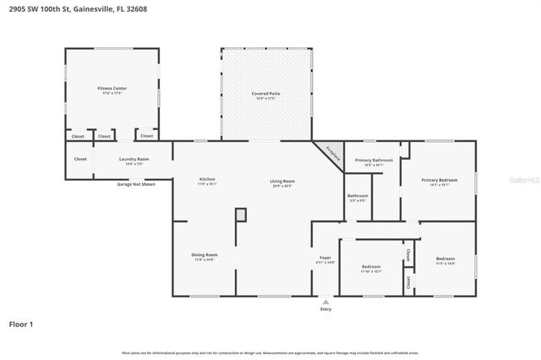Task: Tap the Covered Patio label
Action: pos(265,93)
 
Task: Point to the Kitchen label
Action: pos(207,179)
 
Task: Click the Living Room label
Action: pos(281,181)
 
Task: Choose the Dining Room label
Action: pos(205,254)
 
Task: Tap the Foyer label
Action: pos(325,258)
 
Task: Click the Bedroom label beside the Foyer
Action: pos(371,267)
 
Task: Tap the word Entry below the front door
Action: pos(325,309)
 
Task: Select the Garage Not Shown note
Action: pos(136,183)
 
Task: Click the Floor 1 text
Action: pos(21,324)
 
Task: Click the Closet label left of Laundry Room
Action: pos(80,159)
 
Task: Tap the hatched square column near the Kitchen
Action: pos(241,215)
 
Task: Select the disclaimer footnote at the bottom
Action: pos(270,352)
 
